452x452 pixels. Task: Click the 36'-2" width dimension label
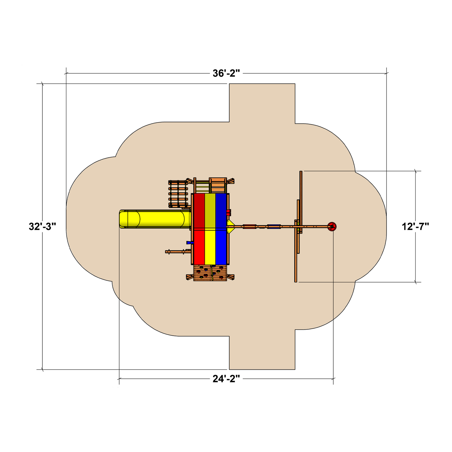[x=226, y=73]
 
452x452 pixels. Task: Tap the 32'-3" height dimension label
[x=42, y=226]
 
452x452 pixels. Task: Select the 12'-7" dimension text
[x=415, y=226]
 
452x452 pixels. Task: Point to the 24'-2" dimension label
[x=226, y=379]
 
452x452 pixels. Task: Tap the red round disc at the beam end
[x=332, y=226]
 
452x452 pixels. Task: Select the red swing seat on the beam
[x=250, y=226]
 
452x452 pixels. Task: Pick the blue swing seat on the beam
[x=274, y=226]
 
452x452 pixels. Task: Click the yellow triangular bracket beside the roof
[x=231, y=226]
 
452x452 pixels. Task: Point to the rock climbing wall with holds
[x=210, y=273]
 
